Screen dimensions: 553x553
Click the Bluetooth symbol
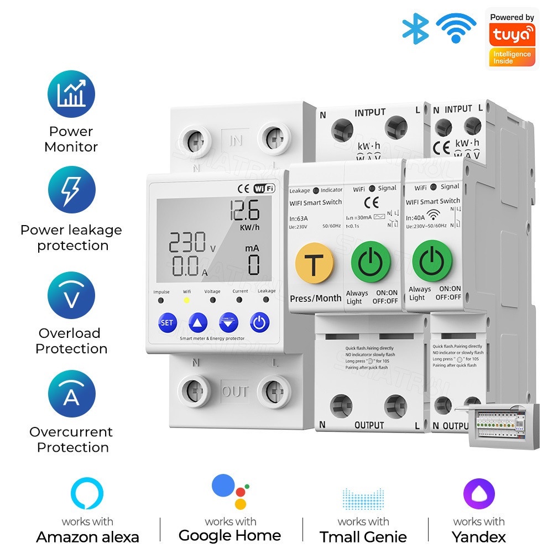click(415, 28)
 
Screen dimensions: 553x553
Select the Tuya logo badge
click(512, 38)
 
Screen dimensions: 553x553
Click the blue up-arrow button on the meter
click(198, 322)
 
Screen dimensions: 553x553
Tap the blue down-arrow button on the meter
click(228, 322)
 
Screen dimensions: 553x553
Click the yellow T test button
click(314, 264)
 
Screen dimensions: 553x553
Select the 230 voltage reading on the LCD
click(187, 243)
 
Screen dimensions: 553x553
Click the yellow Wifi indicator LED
click(186, 300)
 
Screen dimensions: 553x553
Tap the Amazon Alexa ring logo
click(87, 494)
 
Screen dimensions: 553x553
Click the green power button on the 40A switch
click(432, 260)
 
